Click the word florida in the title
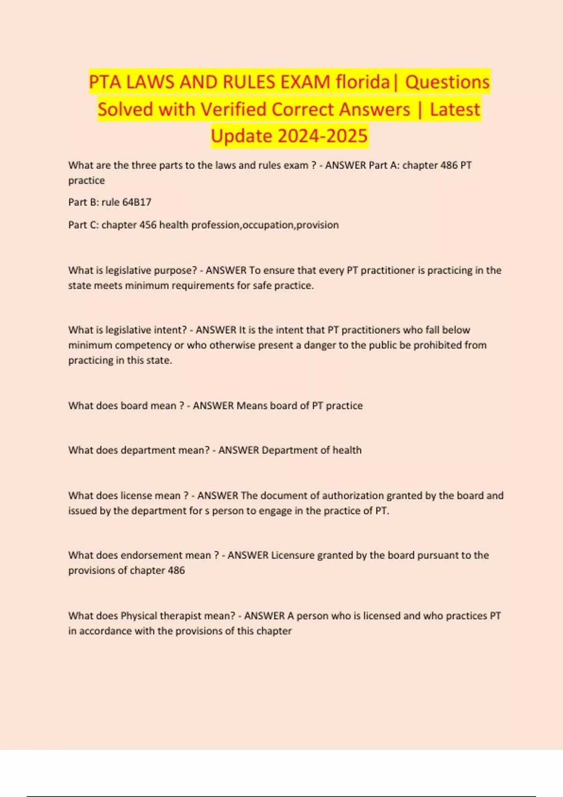click(363, 82)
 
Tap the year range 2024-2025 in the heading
click(322, 136)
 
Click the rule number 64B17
click(137, 203)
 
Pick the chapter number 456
click(148, 225)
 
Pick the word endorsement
click(152, 556)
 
